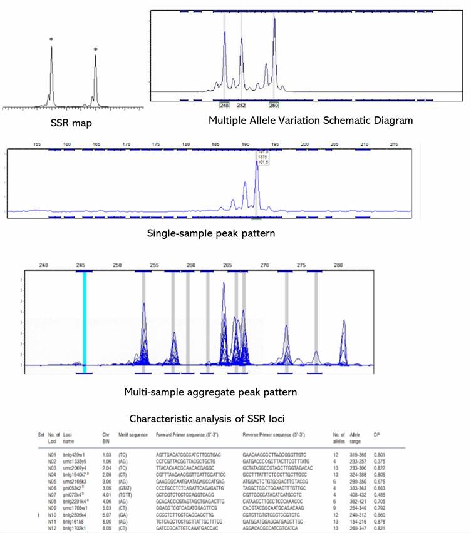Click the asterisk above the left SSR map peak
51,40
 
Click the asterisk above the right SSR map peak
95,49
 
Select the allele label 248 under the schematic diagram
224,105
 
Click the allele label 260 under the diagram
274,105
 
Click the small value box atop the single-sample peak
262,155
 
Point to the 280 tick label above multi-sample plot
339,265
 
